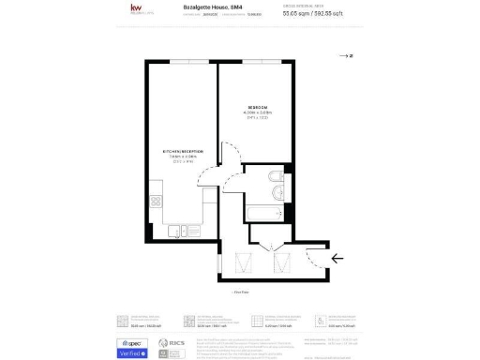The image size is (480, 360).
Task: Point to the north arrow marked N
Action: click(345, 56)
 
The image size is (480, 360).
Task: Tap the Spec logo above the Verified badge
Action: click(130, 344)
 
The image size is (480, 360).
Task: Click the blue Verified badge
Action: click(132, 354)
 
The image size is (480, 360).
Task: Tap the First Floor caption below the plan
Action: click(239, 292)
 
